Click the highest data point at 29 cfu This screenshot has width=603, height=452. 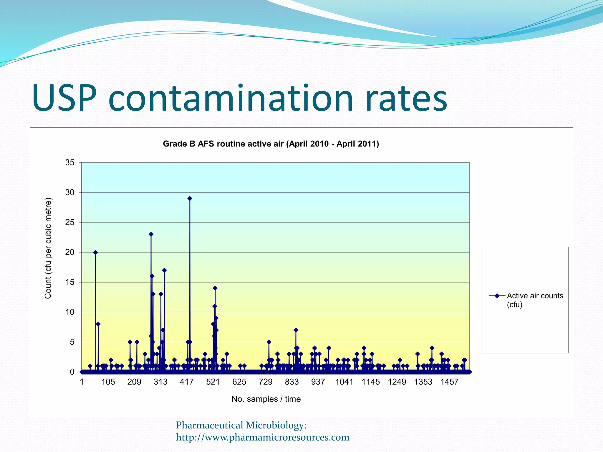[x=190, y=199]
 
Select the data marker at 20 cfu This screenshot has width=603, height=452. [x=95, y=252]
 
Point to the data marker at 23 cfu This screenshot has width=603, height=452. [x=151, y=235]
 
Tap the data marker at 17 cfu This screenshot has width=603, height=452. [x=165, y=270]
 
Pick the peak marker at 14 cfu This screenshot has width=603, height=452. [x=215, y=288]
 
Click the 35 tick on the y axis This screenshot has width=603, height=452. [x=70, y=163]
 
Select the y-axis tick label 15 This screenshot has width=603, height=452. [x=70, y=282]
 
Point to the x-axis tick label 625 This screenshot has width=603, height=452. [x=239, y=382]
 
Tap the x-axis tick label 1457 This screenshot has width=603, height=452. [x=449, y=382]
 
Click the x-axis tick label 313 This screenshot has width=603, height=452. [x=160, y=382]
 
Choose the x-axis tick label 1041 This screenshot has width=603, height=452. [x=344, y=382]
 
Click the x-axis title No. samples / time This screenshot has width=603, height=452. [x=266, y=399]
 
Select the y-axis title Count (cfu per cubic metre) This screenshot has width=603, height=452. [x=48, y=248]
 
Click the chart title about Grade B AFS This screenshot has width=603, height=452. [x=271, y=144]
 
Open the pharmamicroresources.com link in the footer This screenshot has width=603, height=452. [x=263, y=438]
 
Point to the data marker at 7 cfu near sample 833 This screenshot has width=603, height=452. [x=296, y=330]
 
